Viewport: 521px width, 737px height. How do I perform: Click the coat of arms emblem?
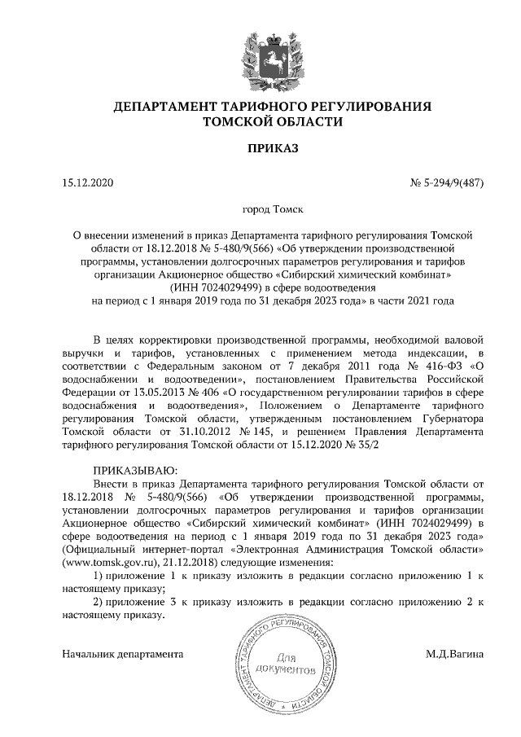coord(260,58)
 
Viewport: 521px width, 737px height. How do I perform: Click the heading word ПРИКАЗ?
coord(260,150)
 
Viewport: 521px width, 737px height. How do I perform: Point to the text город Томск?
coord(260,209)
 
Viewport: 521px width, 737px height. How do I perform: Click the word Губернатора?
coord(452,419)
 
